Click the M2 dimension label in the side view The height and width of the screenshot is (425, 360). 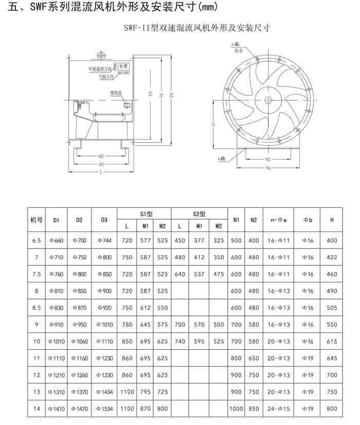(101, 155)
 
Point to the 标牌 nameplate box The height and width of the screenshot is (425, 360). (123, 67)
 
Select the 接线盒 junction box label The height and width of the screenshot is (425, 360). (115, 93)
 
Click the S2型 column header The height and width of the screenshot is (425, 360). (199, 214)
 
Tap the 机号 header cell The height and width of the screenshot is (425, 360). (36, 220)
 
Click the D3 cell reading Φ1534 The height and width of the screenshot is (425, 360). (104, 409)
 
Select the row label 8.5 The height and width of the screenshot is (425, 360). (36, 308)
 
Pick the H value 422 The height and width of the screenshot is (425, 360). (332, 257)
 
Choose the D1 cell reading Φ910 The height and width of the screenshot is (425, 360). (56, 325)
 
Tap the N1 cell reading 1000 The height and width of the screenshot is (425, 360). (236, 409)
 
